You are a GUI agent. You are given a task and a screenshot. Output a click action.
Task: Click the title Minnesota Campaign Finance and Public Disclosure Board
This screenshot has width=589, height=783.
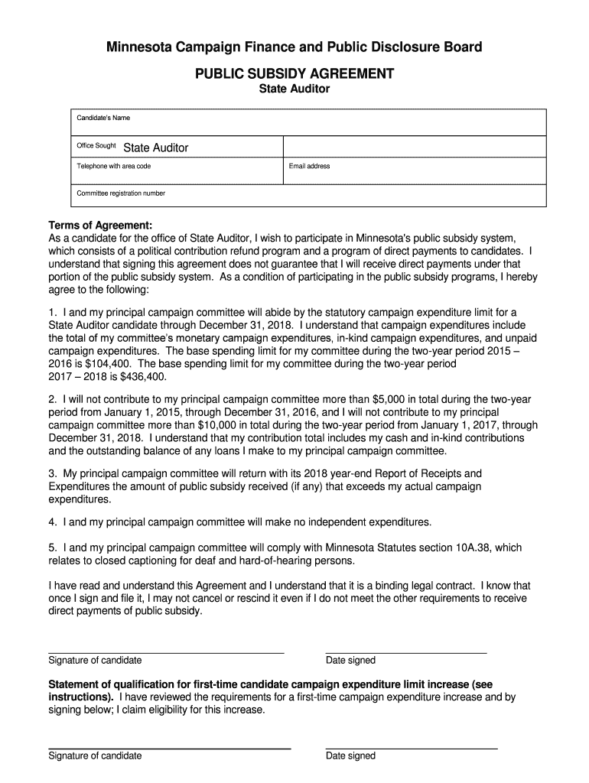[294, 47]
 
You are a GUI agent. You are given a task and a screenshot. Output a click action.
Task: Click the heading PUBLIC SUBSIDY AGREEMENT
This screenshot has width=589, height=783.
[294, 73]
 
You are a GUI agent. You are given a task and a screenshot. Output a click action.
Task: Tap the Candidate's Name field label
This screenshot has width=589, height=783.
[103, 118]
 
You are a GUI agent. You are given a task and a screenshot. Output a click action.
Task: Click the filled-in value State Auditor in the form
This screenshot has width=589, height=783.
[156, 148]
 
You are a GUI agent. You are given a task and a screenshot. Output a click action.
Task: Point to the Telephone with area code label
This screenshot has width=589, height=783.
[114, 166]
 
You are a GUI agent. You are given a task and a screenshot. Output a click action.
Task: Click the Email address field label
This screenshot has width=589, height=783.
[310, 166]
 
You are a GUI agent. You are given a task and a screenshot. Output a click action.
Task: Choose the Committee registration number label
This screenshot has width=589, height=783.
[121, 193]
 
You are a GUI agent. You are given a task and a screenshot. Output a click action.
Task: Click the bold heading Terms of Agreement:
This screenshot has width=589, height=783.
[100, 225]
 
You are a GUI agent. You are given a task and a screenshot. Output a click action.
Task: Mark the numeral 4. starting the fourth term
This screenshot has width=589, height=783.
[53, 522]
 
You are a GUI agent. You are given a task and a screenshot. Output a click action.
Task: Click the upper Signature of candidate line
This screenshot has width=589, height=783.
[166, 652]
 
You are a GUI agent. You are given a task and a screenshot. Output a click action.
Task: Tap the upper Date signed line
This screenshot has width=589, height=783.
[406, 652]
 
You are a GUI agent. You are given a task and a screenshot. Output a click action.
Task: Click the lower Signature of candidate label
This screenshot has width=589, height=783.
[95, 755]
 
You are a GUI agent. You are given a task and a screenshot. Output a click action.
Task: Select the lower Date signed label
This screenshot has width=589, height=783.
[350, 755]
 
